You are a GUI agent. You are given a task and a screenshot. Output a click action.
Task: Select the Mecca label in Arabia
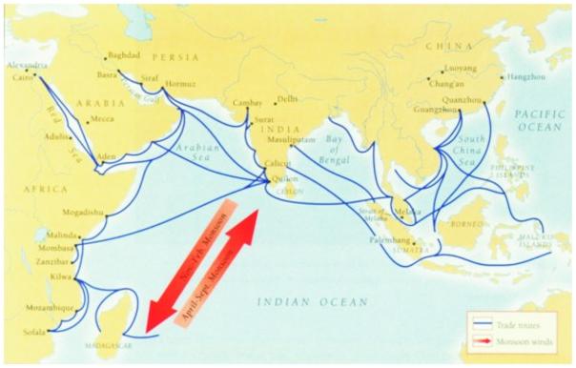click(101, 120)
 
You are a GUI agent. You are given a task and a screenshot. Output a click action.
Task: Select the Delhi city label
click(288, 99)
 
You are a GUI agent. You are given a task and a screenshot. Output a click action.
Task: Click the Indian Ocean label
click(311, 302)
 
